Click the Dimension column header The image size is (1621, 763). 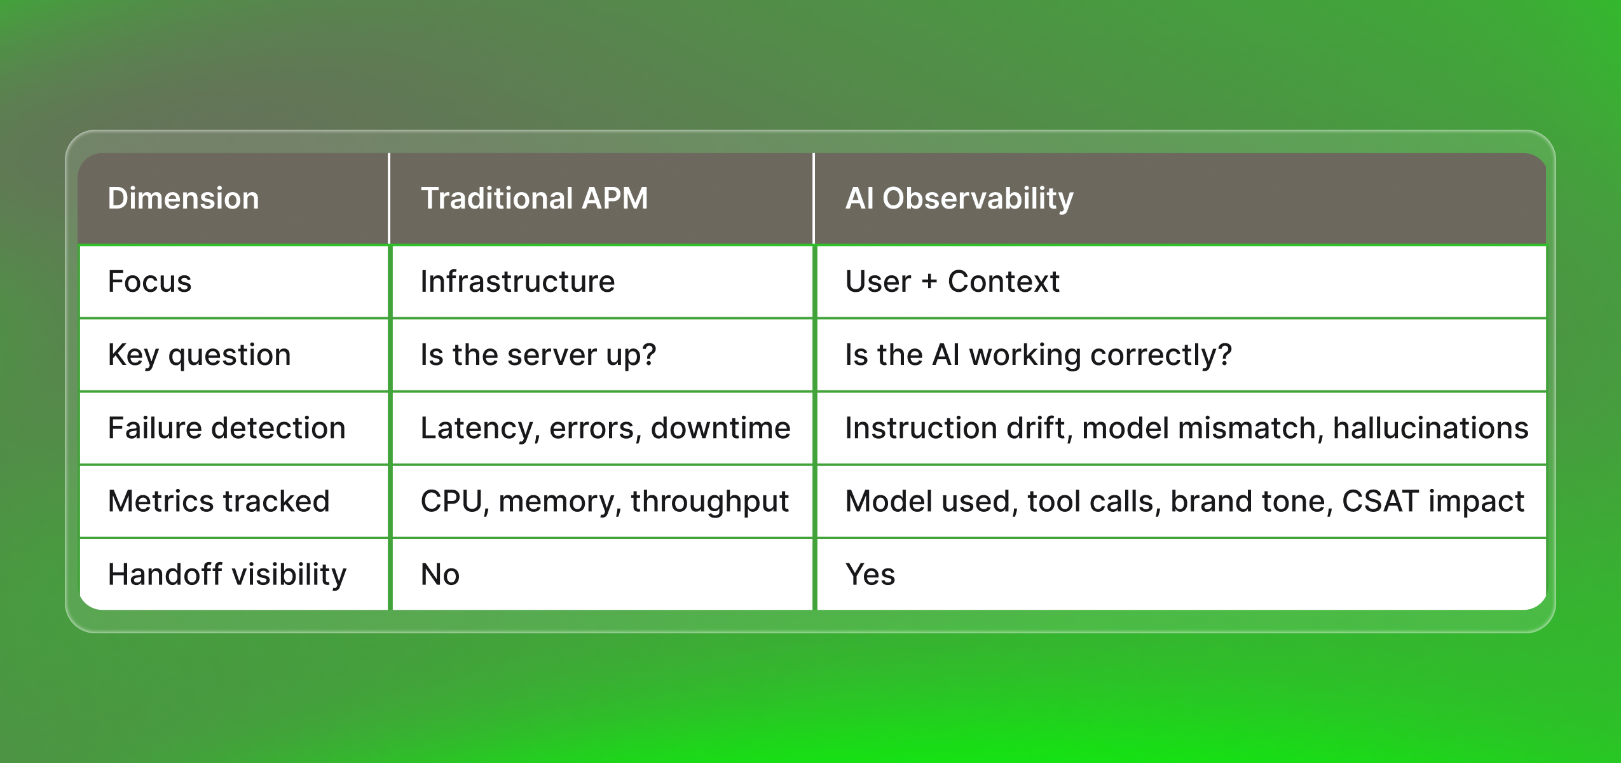(x=183, y=198)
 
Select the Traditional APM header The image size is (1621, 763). (x=534, y=198)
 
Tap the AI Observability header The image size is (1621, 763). (x=959, y=198)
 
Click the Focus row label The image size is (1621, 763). (x=149, y=282)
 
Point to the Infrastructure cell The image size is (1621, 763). (x=517, y=282)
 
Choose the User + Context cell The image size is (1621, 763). (x=952, y=282)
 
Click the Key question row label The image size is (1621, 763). (x=199, y=355)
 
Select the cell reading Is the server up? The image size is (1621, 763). (x=538, y=355)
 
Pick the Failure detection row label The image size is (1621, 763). (x=226, y=428)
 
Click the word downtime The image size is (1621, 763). (x=720, y=428)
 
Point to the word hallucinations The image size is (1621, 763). (x=1430, y=428)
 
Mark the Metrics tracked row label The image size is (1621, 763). (x=219, y=501)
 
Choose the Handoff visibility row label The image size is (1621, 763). (x=227, y=574)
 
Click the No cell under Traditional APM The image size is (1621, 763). (x=440, y=574)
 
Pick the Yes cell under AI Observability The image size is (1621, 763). (x=870, y=574)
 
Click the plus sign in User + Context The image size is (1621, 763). (x=929, y=282)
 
